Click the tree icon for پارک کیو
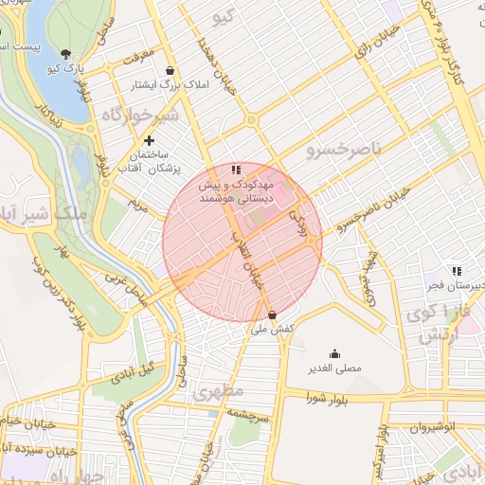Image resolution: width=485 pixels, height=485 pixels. pos(65,54)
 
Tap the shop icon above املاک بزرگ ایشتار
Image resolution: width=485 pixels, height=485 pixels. pos(170,70)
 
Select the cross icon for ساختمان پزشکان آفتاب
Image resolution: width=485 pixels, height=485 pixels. pos(149,140)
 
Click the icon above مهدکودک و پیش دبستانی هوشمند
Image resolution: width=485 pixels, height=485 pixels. pos(236,169)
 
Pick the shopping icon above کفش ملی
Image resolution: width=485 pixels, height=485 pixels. pos(273,314)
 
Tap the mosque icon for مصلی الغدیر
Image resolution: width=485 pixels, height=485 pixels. pos(333,353)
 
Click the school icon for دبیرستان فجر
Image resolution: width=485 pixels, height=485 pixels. pos(457,271)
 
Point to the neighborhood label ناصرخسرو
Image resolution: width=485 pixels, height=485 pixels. pos(343,148)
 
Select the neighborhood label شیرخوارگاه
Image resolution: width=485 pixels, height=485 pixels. pos(138,115)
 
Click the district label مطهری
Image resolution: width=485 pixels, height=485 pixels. pos(219,390)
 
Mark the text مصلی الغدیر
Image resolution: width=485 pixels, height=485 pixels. pos(333,368)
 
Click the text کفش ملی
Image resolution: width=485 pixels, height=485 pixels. pos(273,329)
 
